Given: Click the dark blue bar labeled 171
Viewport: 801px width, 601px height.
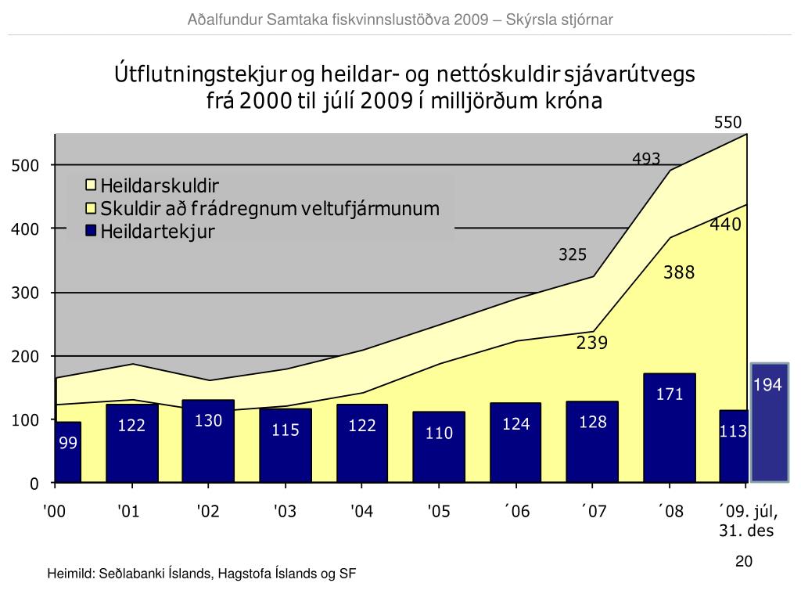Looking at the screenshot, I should coord(670,427).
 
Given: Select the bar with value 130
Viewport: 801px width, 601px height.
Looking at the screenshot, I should coord(208,441).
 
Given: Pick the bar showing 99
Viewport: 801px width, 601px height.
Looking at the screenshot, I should coord(68,452).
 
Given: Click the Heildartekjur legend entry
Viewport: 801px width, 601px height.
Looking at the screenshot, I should coord(156,232).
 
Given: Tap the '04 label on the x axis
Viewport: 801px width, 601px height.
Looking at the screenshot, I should coord(361,512).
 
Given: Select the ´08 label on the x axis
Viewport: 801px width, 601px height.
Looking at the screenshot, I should coord(670,512).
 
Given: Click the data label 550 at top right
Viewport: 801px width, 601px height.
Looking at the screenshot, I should coord(727,122).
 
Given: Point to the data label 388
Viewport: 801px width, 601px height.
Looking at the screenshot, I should coord(679,273).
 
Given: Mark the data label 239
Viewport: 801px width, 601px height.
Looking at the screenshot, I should coord(592,343).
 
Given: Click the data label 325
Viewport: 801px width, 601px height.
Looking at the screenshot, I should coord(573,255).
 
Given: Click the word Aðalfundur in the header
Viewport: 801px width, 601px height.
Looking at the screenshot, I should coord(221,20).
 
